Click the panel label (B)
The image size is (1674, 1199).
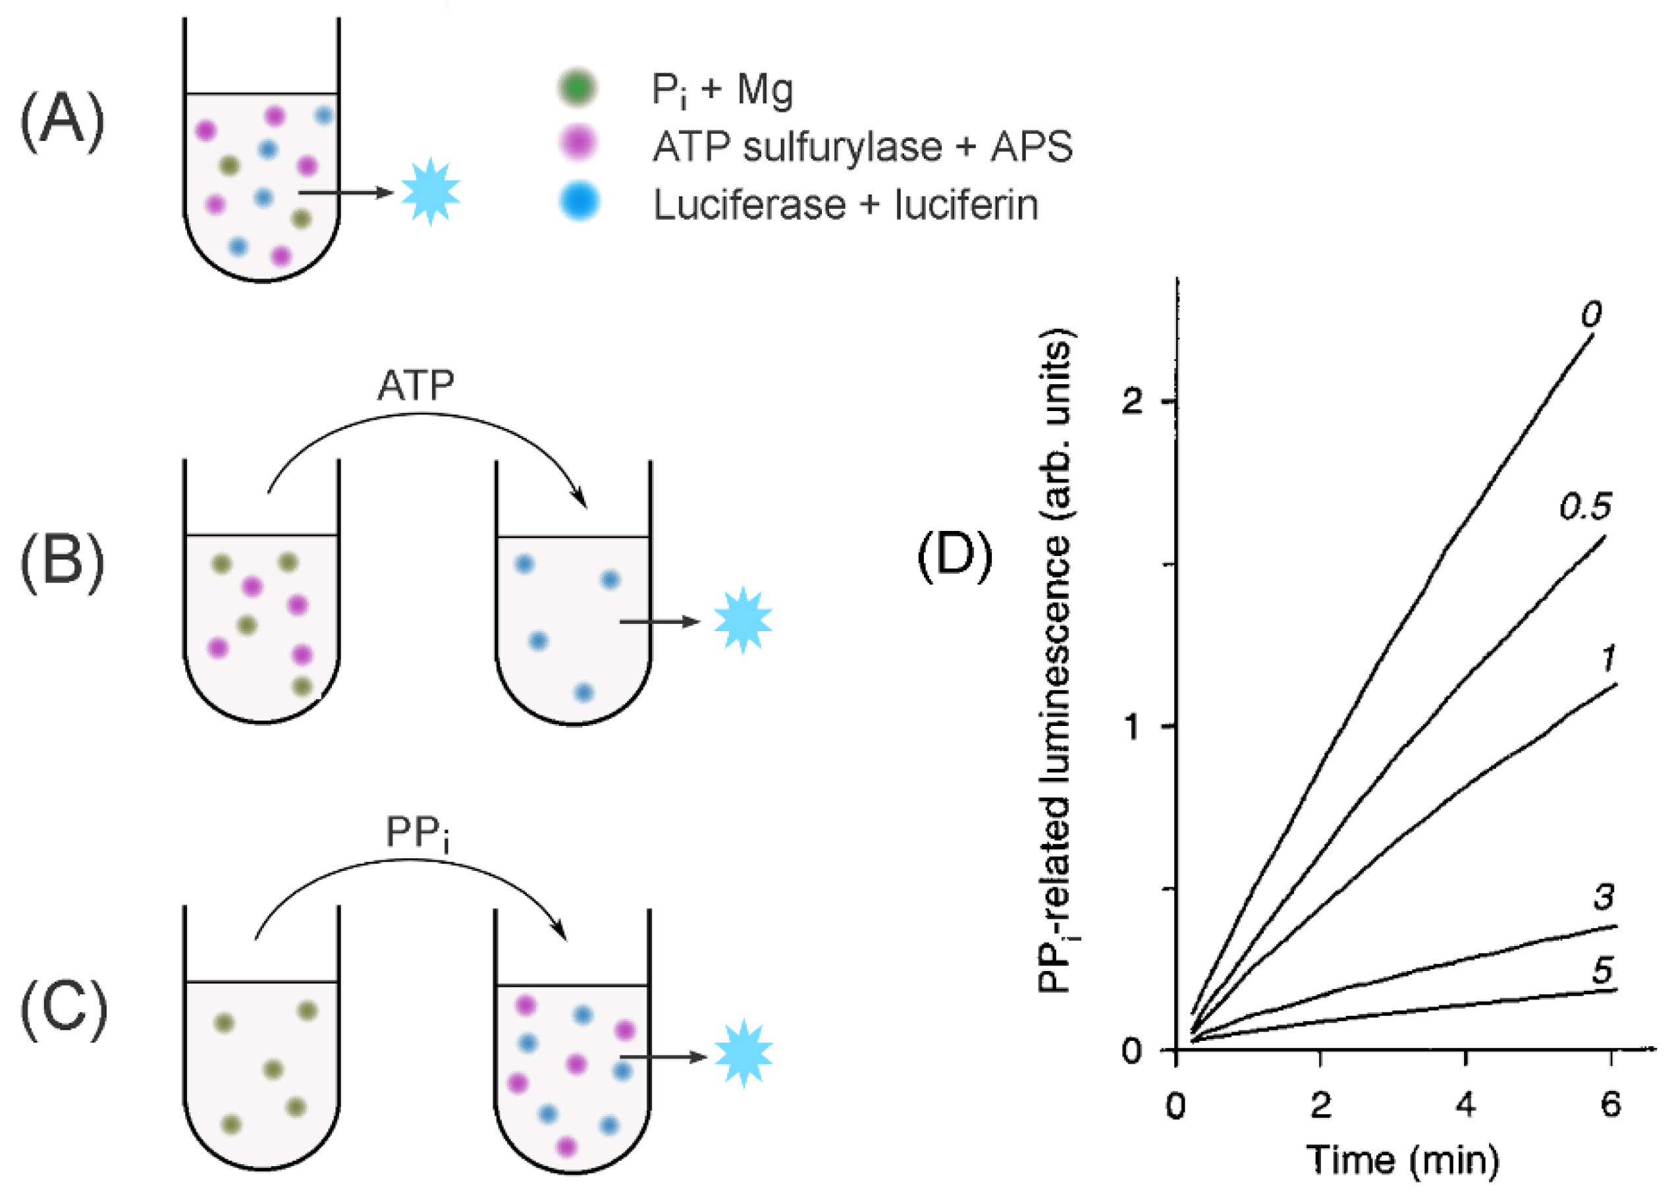coord(62,561)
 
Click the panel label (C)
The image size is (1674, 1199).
coord(63,1009)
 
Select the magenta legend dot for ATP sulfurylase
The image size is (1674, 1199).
coord(579,143)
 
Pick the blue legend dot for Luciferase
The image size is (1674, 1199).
coord(580,202)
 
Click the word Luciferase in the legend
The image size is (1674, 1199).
coord(749,204)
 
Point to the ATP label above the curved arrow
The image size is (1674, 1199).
coord(415,385)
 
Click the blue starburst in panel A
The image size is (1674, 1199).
coord(430,192)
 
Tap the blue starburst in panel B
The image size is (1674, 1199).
coord(743,620)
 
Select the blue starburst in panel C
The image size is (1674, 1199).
coord(743,1053)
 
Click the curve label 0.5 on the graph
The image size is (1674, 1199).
coord(1584,507)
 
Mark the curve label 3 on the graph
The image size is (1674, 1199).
coord(1602,897)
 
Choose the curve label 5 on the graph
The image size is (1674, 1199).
coord(1602,970)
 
